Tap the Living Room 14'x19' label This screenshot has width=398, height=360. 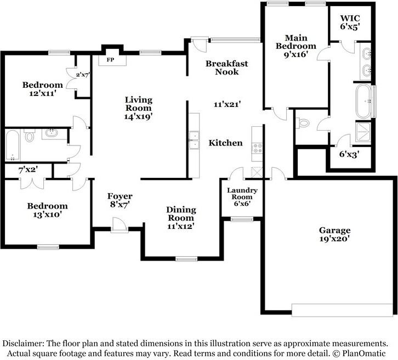click(x=138, y=108)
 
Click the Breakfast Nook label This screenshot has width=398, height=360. click(x=226, y=67)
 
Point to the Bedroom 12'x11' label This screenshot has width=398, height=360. click(x=42, y=89)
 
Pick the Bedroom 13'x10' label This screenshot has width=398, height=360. click(x=47, y=210)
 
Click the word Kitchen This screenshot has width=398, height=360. click(x=225, y=143)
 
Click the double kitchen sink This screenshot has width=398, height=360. click(x=194, y=140)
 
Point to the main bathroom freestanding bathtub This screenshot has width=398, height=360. click(x=364, y=101)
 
